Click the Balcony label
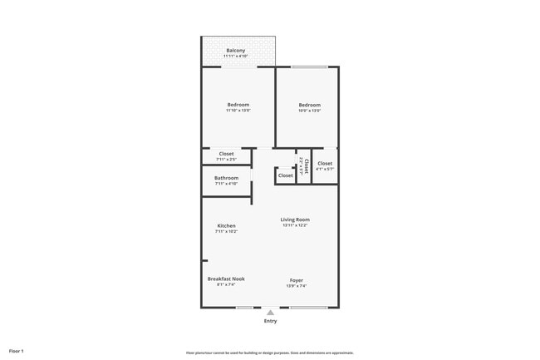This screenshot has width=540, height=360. [235, 51]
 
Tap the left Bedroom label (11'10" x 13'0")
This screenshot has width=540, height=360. [238, 105]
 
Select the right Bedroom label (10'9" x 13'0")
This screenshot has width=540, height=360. [309, 105]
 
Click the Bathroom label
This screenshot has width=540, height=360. [226, 178]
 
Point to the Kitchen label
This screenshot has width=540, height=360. [226, 225]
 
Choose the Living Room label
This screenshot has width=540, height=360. [295, 219]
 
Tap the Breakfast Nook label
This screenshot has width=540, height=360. [226, 279]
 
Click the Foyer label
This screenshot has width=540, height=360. [296, 280]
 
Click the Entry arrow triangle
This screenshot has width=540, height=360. [270, 313]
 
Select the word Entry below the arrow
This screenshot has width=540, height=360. [270, 321]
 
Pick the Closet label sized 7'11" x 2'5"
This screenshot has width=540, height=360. [226, 154]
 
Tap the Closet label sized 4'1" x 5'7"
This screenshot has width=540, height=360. [324, 164]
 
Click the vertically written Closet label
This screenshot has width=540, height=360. [307, 165]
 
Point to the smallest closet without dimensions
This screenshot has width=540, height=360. [285, 175]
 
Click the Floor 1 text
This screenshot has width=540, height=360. [16, 351]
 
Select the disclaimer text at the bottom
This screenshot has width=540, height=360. [269, 353]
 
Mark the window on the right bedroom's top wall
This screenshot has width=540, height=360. [309, 67]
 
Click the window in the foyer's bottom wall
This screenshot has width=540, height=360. [308, 308]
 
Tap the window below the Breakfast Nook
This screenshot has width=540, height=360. [244, 308]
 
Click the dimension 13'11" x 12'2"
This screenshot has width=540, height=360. [295, 225]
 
